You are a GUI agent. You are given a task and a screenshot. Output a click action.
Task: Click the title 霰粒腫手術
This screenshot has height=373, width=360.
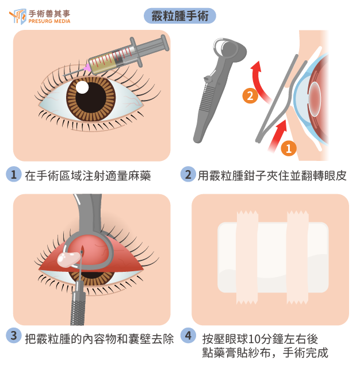pos(180,16)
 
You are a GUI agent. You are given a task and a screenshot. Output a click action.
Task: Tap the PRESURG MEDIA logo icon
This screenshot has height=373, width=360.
pos(18,17)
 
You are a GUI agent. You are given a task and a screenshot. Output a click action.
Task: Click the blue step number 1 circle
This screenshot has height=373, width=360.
pos(14,174)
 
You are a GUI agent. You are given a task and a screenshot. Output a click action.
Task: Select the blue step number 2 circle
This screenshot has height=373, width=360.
pos(188,174)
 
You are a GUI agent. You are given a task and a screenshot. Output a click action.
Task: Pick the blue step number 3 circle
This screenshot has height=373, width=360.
pos(14,336)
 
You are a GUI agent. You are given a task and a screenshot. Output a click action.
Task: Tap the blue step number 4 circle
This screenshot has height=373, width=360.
pos(188,336)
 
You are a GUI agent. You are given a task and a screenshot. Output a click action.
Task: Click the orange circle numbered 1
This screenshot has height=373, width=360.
pos(289,148)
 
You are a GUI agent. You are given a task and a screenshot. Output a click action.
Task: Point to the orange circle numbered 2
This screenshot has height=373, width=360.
pos(250,96)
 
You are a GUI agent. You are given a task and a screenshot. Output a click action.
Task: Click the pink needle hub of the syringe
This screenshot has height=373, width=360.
pos(87,68)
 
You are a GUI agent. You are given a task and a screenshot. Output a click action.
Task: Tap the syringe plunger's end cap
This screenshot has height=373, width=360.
pos(164,43)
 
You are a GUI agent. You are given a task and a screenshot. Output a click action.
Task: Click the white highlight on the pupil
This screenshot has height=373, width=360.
pos(82,87)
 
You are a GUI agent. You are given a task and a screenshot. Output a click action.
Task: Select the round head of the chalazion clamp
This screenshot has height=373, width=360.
pos(229,50)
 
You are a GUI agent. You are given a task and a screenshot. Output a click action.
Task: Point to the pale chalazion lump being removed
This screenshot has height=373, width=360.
pos(68,259)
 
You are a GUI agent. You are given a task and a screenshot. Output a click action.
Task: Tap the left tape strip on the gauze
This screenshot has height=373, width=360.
pos(247,257)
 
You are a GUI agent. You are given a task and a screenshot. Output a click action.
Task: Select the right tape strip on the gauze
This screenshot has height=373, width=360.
pos(298,257)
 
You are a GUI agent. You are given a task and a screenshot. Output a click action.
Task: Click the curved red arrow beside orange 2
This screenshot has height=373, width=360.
pos(258,81)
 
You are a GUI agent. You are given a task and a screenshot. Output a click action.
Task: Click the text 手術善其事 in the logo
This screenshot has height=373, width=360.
pos(49,14)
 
